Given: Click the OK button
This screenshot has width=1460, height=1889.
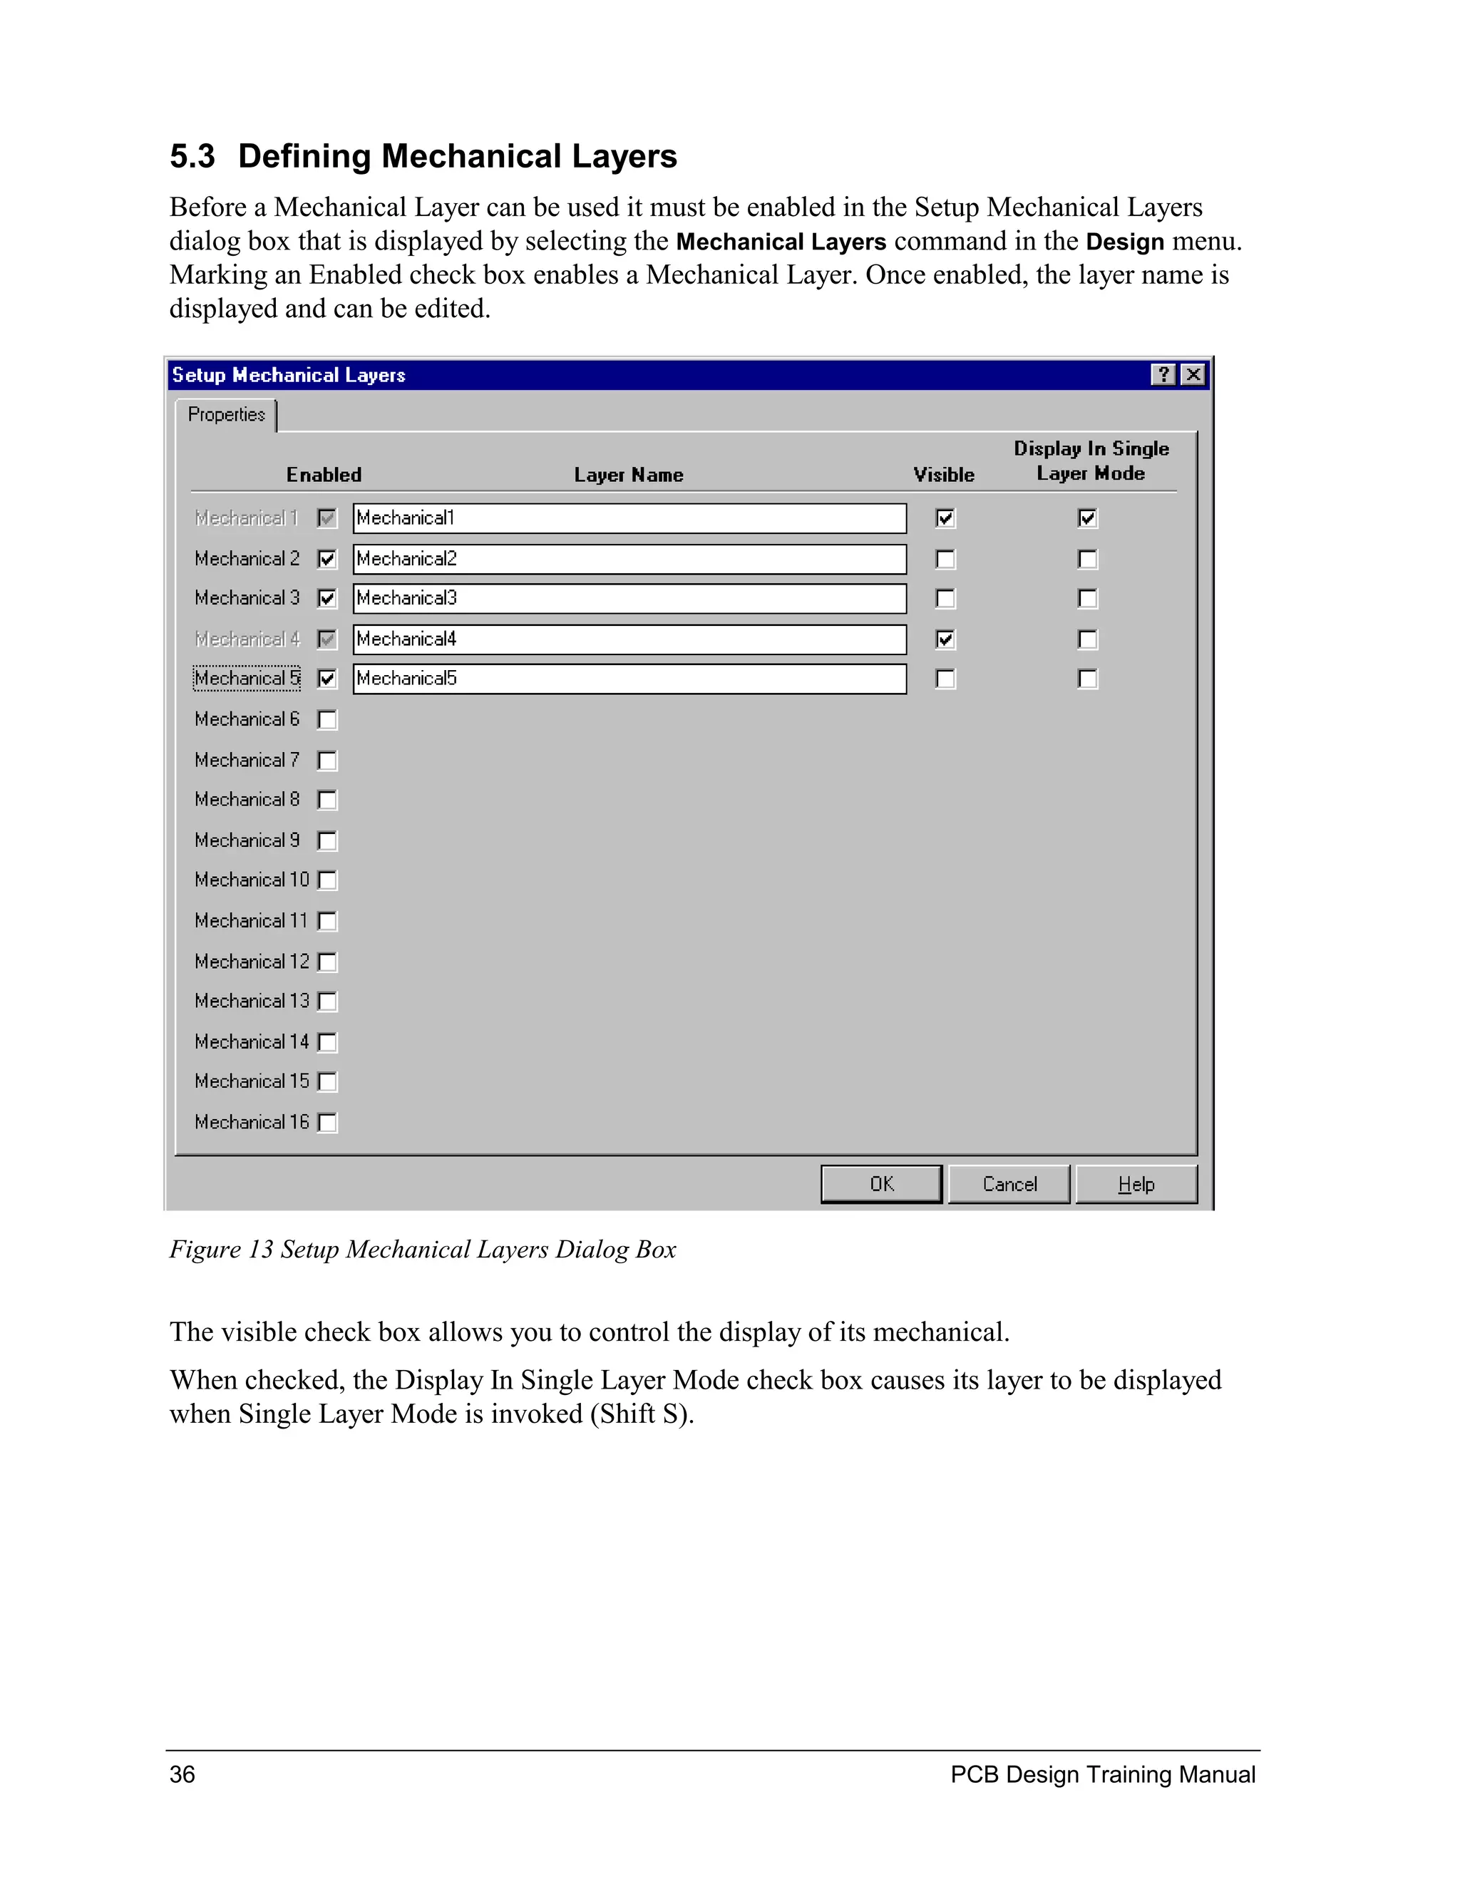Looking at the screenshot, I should [880, 1184].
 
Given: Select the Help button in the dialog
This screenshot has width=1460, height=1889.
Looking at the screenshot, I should [1136, 1184].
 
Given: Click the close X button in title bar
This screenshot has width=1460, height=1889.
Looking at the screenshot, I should [1193, 374].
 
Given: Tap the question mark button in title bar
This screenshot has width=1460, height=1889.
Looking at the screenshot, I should [1163, 374].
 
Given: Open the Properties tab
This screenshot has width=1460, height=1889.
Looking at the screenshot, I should [227, 415].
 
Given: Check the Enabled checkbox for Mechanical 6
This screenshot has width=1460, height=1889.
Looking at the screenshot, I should [327, 720].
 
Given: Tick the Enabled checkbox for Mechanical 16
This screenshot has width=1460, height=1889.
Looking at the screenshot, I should [327, 1123].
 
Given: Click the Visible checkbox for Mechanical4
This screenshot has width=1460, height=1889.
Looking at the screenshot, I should [945, 639].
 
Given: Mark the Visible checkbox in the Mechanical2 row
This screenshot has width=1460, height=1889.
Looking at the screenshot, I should [945, 560].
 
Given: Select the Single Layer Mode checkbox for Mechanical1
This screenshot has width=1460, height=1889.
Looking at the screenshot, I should [1087, 518].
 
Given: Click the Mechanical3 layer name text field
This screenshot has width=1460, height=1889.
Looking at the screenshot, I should [629, 599].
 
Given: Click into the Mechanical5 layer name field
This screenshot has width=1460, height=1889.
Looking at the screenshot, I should [629, 679].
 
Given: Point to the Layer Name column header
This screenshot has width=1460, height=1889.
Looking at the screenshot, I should [629, 475].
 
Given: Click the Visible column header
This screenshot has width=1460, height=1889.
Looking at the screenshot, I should [944, 475].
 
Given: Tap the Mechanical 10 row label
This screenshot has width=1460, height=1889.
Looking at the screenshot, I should [252, 880].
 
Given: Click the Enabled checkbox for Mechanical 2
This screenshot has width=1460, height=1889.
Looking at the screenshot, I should [327, 559].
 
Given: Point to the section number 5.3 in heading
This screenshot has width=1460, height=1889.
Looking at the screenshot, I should [192, 157].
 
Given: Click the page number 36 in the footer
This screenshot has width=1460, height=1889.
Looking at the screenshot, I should [182, 1775].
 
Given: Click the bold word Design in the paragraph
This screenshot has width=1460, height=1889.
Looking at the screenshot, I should [1124, 242].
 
